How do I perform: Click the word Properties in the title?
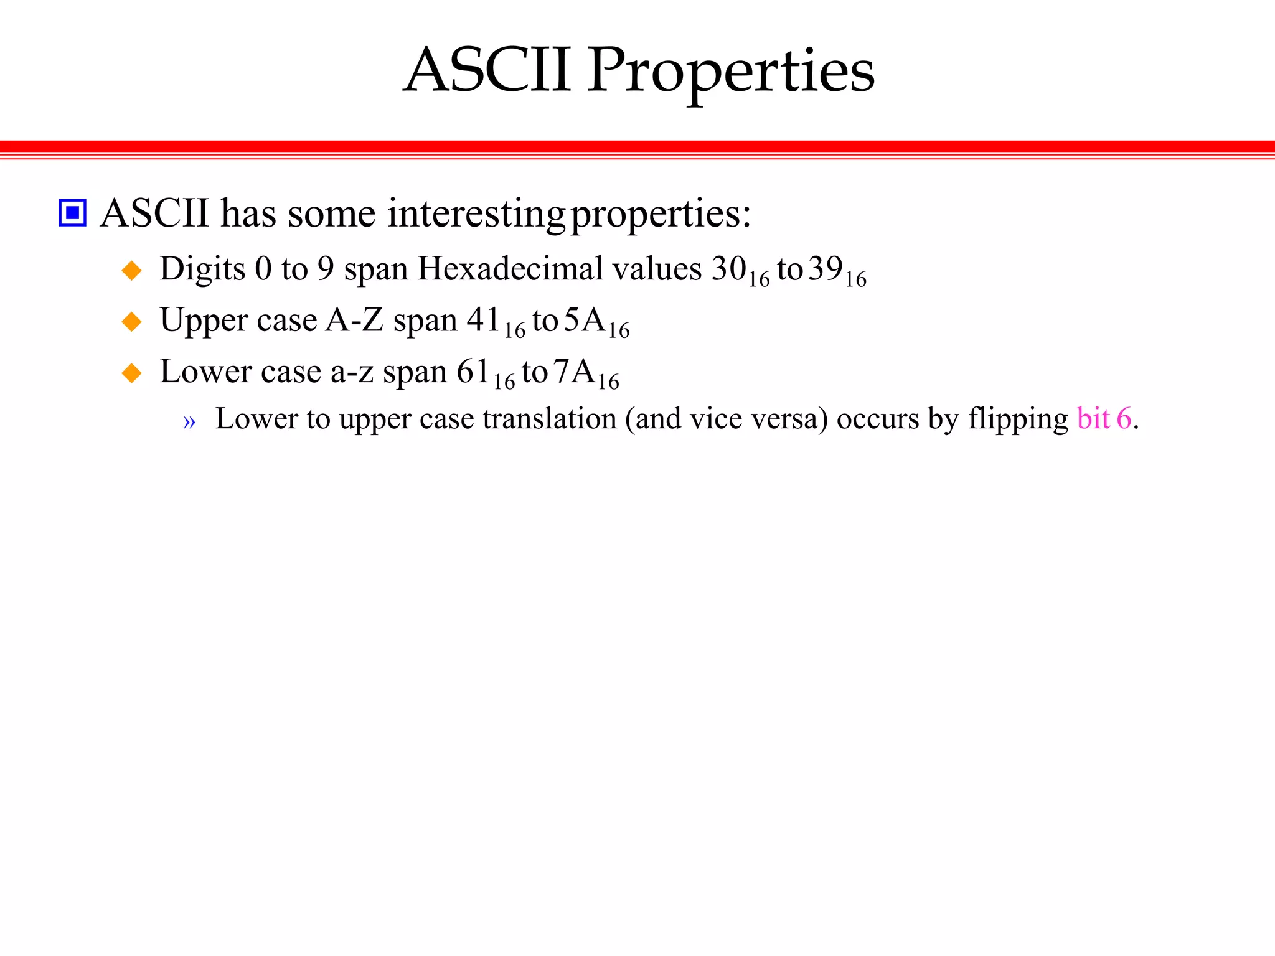coord(731,72)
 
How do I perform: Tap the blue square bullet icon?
coord(72,213)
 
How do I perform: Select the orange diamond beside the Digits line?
coord(132,271)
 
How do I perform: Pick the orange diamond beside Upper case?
coord(132,322)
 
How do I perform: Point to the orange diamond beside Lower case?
coord(132,373)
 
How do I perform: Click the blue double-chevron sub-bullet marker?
coord(189,422)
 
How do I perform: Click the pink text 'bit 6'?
coord(1104,418)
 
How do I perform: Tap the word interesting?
coord(476,213)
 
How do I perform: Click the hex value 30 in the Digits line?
coord(729,269)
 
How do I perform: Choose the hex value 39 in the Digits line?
coord(825,269)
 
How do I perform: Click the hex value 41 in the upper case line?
coord(484,320)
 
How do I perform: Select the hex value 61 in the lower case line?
coord(473,372)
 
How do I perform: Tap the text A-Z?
coord(354,320)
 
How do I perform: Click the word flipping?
coord(1018,418)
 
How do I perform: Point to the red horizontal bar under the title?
coord(637,147)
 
